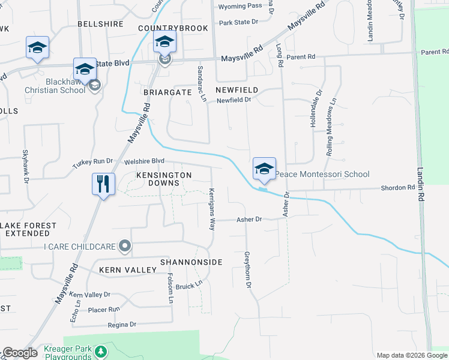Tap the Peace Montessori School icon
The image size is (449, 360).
point(264,168)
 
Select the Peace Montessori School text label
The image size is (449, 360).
point(322,174)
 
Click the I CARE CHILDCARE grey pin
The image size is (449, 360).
point(125,245)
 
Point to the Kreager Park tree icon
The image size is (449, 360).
point(102,350)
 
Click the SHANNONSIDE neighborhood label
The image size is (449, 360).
point(191,262)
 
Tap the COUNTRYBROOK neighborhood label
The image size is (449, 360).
point(173,28)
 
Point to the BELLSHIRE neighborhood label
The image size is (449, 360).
point(100,24)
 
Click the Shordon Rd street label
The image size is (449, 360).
point(398,188)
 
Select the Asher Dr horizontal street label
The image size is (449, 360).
point(250,220)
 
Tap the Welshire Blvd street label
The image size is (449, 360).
point(144,161)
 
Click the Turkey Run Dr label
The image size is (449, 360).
point(92,161)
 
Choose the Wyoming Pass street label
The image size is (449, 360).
point(240,6)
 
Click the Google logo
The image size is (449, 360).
point(20,353)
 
